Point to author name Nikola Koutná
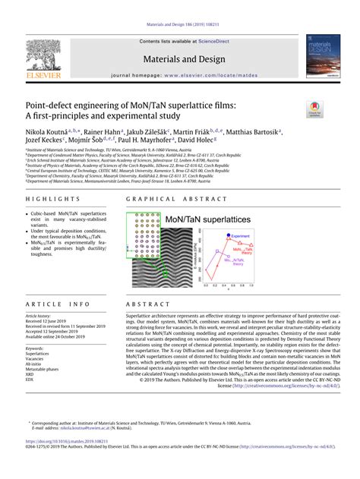click(51, 131)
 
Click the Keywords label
click(35, 348)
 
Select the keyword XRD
click(30, 375)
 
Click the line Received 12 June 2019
click(49, 320)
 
